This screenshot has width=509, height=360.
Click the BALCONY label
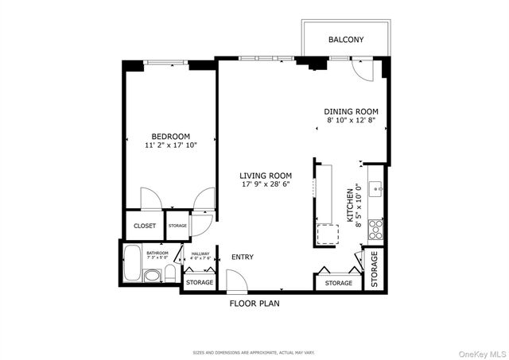click(x=346, y=40)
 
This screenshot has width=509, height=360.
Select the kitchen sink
click(x=378, y=190)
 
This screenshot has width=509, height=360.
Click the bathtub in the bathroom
click(x=131, y=262)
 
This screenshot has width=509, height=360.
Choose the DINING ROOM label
click(x=350, y=111)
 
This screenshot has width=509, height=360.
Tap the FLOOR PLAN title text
click(x=254, y=304)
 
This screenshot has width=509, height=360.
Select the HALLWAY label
click(x=200, y=253)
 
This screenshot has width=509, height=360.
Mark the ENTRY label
click(x=243, y=257)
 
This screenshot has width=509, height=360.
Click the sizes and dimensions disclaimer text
click(x=254, y=352)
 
